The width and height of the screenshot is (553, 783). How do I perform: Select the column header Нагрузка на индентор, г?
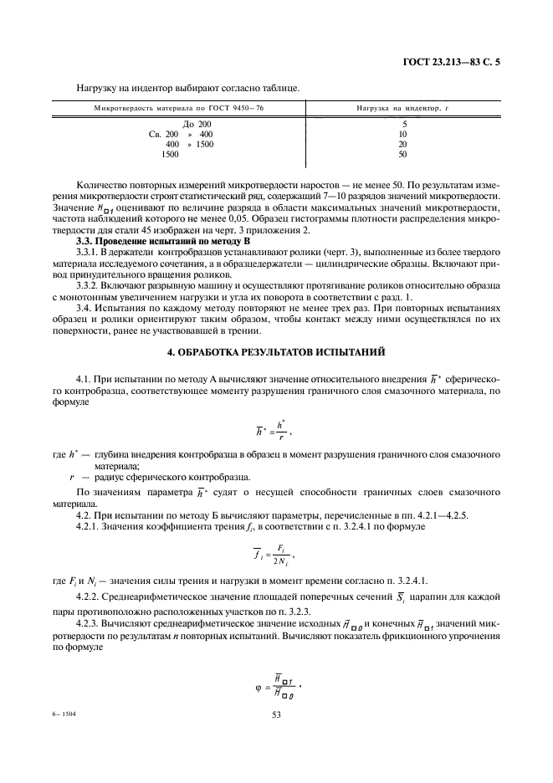(x=402, y=110)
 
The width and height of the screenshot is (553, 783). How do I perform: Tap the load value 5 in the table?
(x=403, y=124)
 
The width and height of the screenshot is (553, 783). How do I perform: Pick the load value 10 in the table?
(x=403, y=134)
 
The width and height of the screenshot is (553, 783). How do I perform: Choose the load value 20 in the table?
(x=403, y=144)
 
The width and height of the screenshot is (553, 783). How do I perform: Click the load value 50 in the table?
(x=403, y=154)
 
